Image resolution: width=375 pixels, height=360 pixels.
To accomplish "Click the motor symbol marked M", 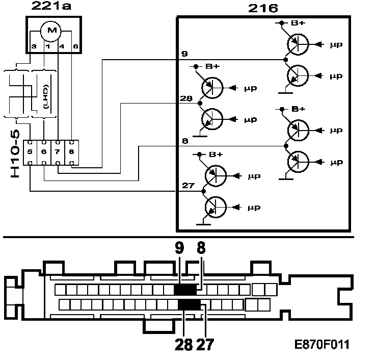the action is pyautogui.click(x=51, y=31).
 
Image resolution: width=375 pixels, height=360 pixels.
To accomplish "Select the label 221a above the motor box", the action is pyautogui.click(x=51, y=6).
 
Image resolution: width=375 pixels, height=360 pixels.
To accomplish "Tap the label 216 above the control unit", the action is pyautogui.click(x=263, y=8).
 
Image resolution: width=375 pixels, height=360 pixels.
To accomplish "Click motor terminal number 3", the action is pyautogui.click(x=34, y=46).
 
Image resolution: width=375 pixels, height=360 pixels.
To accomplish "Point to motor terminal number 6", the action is pyautogui.click(x=75, y=46).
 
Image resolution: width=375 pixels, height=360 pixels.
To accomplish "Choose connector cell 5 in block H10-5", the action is pyautogui.click(x=30, y=152).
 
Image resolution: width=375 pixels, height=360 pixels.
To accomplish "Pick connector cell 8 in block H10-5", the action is pyautogui.click(x=71, y=152).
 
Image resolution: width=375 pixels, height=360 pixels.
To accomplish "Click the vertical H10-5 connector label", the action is pyautogui.click(x=15, y=154).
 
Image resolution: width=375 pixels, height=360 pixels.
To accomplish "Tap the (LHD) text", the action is pyautogui.click(x=46, y=96).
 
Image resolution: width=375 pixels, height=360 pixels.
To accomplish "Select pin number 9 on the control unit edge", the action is pyautogui.click(x=184, y=54).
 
